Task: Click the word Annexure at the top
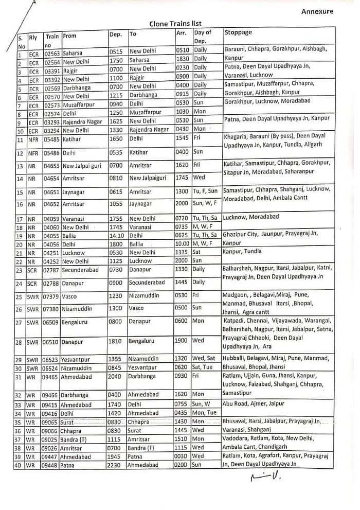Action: pyautogui.click(x=317, y=11)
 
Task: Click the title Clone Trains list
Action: pyautogui.click(x=175, y=23)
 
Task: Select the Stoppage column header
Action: pyautogui.click(x=238, y=32)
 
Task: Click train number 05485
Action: pyautogui.click(x=52, y=139)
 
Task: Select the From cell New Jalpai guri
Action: pyautogui.click(x=82, y=166)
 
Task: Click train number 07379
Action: pyautogui.click(x=52, y=296)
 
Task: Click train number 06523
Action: pyautogui.click(x=52, y=359)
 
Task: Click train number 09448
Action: pyautogui.click(x=52, y=465)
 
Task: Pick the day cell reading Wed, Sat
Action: pyautogui.click(x=206, y=359)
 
